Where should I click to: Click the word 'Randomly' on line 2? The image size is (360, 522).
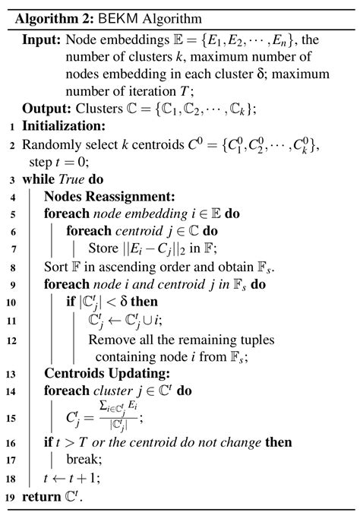tap(49, 145)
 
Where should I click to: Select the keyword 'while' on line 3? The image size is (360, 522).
tap(38, 180)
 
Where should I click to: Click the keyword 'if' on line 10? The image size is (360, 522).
tap(71, 302)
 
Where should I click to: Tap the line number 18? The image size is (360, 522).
tap(10, 478)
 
